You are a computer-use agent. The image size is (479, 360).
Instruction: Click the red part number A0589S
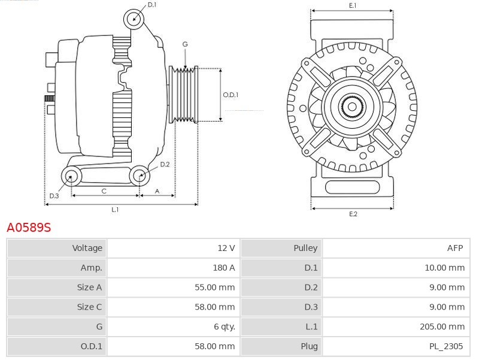29,228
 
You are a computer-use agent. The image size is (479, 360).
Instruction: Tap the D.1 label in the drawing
152,5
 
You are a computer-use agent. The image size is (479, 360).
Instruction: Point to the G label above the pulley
185,44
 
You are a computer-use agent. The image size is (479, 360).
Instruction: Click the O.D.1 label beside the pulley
231,95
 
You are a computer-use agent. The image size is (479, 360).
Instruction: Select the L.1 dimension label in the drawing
115,210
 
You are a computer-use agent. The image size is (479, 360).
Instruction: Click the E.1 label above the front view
353,5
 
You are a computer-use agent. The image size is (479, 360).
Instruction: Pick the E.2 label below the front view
353,214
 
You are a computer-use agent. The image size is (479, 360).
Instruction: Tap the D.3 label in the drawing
54,196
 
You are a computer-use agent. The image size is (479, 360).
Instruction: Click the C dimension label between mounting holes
104,191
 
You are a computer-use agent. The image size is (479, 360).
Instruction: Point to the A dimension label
157,191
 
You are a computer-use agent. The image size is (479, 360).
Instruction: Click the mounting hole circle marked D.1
135,19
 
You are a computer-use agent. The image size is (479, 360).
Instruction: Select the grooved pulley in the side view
185,95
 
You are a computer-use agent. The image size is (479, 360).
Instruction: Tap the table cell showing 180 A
173,268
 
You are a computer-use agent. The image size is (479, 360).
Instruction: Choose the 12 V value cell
173,248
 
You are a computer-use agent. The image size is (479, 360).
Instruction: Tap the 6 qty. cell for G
173,327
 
